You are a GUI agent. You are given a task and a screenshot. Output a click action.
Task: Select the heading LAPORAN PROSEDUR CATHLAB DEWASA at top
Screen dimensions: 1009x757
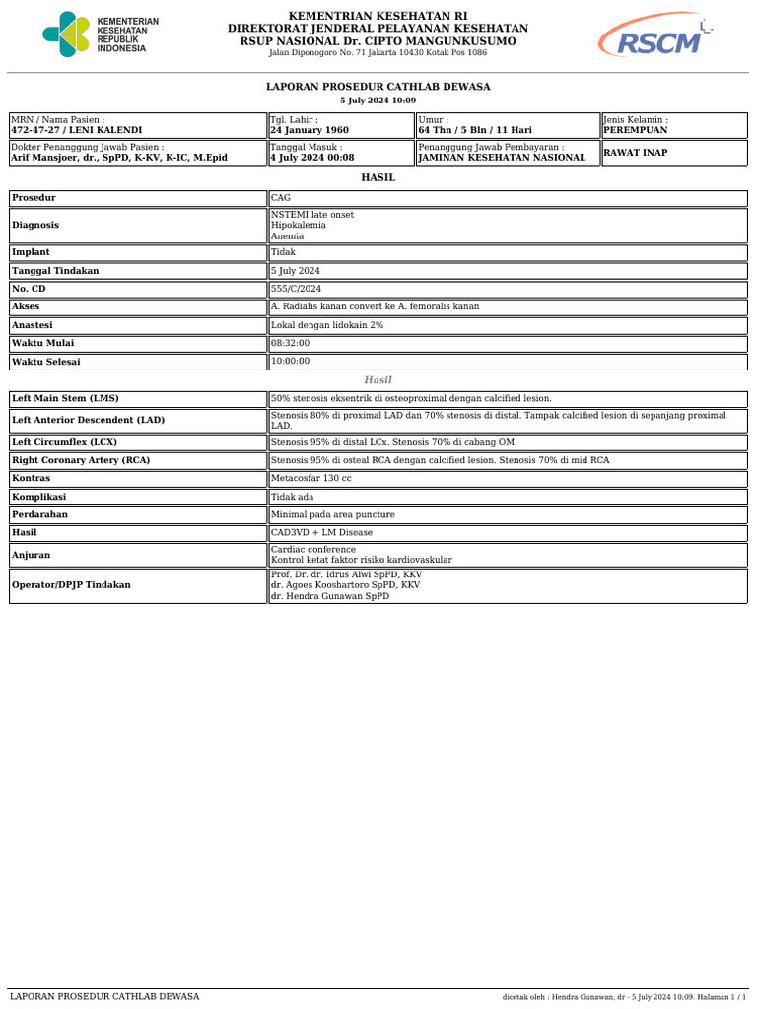pyautogui.click(x=378, y=87)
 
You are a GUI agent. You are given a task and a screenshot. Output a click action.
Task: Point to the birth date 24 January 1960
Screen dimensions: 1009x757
pyautogui.click(x=310, y=130)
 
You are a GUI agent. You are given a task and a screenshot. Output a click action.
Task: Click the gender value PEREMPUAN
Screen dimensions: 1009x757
pyautogui.click(x=636, y=130)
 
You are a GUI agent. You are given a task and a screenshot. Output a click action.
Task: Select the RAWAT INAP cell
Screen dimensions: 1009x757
pyautogui.click(x=637, y=152)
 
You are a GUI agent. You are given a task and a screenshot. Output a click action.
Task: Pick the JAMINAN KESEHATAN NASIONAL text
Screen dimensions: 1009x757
pyautogui.click(x=502, y=158)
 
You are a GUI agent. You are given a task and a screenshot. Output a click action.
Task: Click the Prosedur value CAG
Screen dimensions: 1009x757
pyautogui.click(x=281, y=198)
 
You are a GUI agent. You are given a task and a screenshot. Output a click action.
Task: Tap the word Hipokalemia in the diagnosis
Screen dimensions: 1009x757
pyautogui.click(x=299, y=225)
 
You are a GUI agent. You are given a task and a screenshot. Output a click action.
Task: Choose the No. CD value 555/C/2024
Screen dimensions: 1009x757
pyautogui.click(x=296, y=289)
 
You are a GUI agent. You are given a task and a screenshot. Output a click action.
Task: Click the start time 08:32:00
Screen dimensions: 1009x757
pyautogui.click(x=291, y=343)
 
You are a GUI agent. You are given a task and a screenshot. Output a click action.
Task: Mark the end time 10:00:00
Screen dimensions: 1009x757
pyautogui.click(x=291, y=362)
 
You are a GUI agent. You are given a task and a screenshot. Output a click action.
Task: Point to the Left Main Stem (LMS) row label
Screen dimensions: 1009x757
pyautogui.click(x=65, y=399)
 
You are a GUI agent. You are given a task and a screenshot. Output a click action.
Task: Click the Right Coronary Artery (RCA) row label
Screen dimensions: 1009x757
pyautogui.click(x=80, y=460)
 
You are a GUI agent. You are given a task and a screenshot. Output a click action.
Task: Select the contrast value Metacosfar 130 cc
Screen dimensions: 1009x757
pyautogui.click(x=311, y=478)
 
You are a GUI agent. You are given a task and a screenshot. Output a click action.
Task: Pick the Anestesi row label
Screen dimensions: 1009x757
pyautogui.click(x=33, y=325)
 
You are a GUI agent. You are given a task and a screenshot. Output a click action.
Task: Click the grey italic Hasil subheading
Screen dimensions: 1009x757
pyautogui.click(x=378, y=380)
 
